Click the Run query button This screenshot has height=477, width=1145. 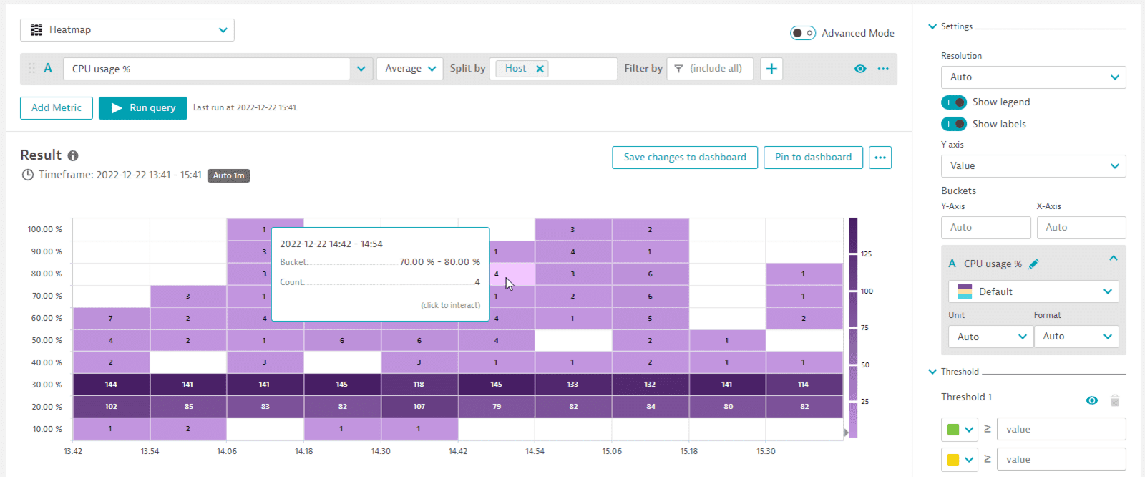[142, 108]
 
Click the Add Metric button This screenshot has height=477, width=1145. [57, 108]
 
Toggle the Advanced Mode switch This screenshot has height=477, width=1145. [802, 33]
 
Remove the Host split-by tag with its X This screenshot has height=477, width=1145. [540, 69]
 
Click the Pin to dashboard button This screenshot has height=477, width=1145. [813, 158]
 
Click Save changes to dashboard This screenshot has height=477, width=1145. [685, 158]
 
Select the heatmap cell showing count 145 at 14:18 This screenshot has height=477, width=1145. [342, 385]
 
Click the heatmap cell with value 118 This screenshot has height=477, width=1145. [419, 385]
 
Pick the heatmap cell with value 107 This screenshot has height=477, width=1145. [419, 407]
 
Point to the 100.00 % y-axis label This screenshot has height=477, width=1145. [44, 230]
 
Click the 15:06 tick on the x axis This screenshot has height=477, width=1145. [612, 451]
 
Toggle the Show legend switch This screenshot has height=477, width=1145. [954, 102]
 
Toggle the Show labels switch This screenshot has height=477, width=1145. [954, 125]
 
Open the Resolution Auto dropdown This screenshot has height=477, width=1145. [1033, 77]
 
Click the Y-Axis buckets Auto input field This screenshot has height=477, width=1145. [985, 228]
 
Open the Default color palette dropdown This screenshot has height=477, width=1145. [1033, 291]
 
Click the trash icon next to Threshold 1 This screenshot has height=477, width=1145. [1114, 401]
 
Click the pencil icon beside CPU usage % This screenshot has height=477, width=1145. [1033, 264]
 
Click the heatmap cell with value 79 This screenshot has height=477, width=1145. [496, 407]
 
